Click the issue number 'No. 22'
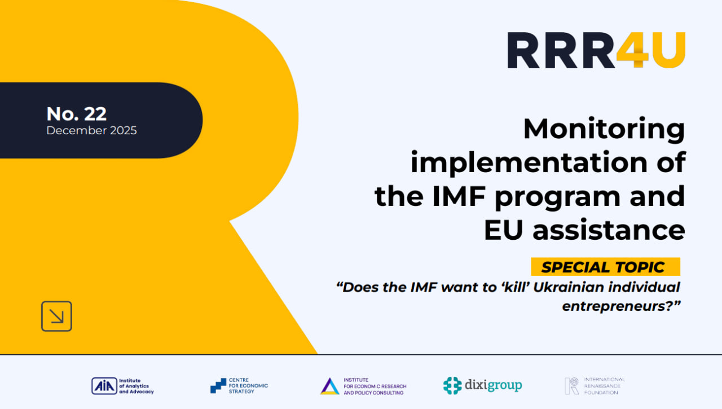tap(76, 114)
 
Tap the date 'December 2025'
tap(91, 130)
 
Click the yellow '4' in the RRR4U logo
tap(633, 50)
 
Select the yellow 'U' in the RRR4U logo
tap(667, 50)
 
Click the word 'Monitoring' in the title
tap(604, 129)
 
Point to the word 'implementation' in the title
tap(529, 163)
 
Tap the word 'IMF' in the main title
tap(459, 196)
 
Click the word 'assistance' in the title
tap(609, 230)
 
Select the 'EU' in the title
tap(503, 230)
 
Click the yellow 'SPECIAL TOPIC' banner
tap(606, 267)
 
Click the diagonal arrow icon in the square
tap(57, 316)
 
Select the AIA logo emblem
tap(104, 386)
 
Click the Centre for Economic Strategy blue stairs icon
tap(218, 386)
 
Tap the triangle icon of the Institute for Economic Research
tap(329, 386)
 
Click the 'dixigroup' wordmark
tap(493, 385)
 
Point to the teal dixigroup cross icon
tap(452, 385)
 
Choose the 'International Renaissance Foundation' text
tap(604, 386)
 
